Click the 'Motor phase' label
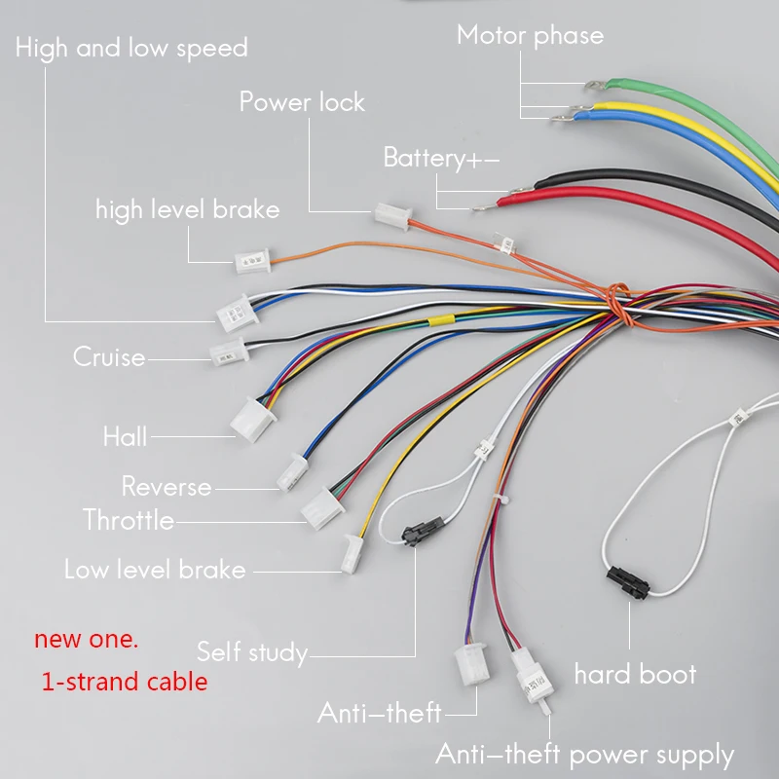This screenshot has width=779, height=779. pyautogui.click(x=530, y=35)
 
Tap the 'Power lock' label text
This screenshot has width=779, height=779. pyautogui.click(x=302, y=101)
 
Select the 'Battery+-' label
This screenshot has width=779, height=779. pyautogui.click(x=441, y=158)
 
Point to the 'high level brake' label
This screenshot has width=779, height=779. pyautogui.click(x=187, y=209)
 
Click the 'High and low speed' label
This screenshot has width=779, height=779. pyautogui.click(x=131, y=48)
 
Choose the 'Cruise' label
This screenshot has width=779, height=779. pyautogui.click(x=109, y=357)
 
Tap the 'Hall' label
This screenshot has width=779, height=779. pyautogui.click(x=126, y=436)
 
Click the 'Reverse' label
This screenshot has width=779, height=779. pyautogui.click(x=166, y=486)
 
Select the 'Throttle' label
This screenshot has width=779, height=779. pyautogui.click(x=129, y=520)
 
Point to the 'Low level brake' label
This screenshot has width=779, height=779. pyautogui.click(x=155, y=570)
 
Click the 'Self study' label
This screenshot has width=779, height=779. pyautogui.click(x=252, y=651)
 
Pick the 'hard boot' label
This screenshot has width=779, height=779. pyautogui.click(x=635, y=674)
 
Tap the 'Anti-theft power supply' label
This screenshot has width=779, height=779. pyautogui.click(x=584, y=755)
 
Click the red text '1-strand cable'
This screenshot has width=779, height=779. pyautogui.click(x=125, y=682)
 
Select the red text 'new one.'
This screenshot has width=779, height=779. pyautogui.click(x=87, y=640)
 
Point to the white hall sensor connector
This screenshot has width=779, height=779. pyautogui.click(x=252, y=418)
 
